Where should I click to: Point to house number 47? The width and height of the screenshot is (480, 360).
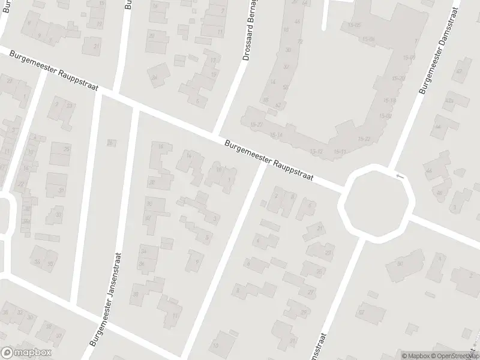point(459,71)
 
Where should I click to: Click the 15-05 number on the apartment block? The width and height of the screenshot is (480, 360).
point(354,25)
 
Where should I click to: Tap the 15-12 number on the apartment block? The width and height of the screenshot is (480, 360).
point(316,151)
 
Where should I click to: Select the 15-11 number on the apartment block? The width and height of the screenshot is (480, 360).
point(339,152)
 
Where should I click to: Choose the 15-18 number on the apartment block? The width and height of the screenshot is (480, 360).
point(409,58)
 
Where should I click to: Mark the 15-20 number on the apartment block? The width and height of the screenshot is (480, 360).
point(398,79)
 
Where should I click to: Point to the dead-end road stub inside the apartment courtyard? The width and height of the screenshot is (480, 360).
point(325,15)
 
